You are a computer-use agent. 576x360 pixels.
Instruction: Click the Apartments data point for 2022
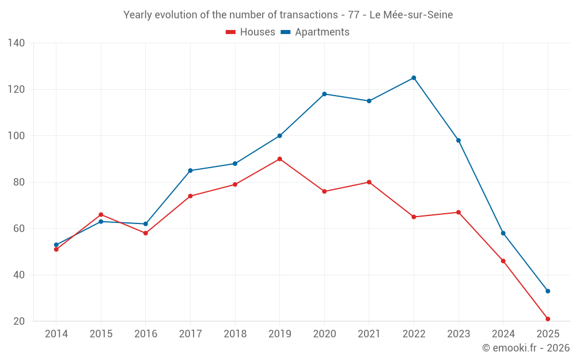(414, 78)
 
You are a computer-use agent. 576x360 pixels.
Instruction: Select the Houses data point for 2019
(279, 159)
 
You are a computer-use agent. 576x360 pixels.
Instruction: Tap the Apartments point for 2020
(324, 94)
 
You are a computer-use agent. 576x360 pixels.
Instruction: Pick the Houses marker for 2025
(548, 319)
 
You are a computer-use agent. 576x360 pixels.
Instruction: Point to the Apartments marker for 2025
(548, 291)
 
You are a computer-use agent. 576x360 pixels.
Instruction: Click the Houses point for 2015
(101, 214)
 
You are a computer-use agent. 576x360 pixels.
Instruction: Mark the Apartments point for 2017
(190, 170)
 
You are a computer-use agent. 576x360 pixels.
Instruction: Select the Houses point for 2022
(414, 217)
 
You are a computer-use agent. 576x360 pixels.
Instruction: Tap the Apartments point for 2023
(458, 141)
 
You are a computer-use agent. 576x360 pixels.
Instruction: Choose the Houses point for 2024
(503, 261)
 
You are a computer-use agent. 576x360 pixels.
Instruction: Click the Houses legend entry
(251, 32)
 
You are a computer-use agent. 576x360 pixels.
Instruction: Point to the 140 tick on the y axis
(16, 43)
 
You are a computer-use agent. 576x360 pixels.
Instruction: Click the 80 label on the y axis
(19, 182)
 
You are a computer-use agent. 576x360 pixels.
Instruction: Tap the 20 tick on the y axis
(19, 321)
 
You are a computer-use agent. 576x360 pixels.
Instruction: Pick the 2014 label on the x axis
(56, 334)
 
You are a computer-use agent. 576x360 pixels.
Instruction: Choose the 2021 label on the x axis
(369, 334)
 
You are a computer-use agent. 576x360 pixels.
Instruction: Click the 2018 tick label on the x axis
(235, 334)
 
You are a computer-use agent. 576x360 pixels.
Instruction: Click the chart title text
(288, 15)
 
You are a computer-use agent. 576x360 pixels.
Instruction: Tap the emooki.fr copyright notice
(525, 348)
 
